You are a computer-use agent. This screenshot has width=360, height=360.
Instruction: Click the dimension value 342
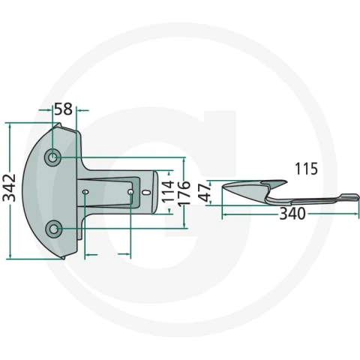pyautogui.click(x=9, y=187)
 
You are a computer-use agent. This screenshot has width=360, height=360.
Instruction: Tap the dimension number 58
pyautogui.click(x=64, y=109)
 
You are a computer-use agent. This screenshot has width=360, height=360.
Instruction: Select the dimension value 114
pyautogui.click(x=168, y=191)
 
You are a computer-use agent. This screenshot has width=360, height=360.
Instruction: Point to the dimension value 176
pyautogui.click(x=184, y=193)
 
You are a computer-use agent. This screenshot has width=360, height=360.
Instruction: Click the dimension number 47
pyautogui.click(x=206, y=193)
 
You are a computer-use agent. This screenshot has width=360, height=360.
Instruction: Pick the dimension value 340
pyautogui.click(x=292, y=214)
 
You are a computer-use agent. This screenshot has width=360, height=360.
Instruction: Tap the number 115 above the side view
pyautogui.click(x=306, y=169)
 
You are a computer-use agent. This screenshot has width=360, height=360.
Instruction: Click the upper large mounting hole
pyautogui.click(x=52, y=157)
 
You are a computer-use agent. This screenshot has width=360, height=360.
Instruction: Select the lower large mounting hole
pyautogui.click(x=53, y=229)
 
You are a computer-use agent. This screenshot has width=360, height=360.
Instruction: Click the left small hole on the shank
pyautogui.click(x=85, y=192)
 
